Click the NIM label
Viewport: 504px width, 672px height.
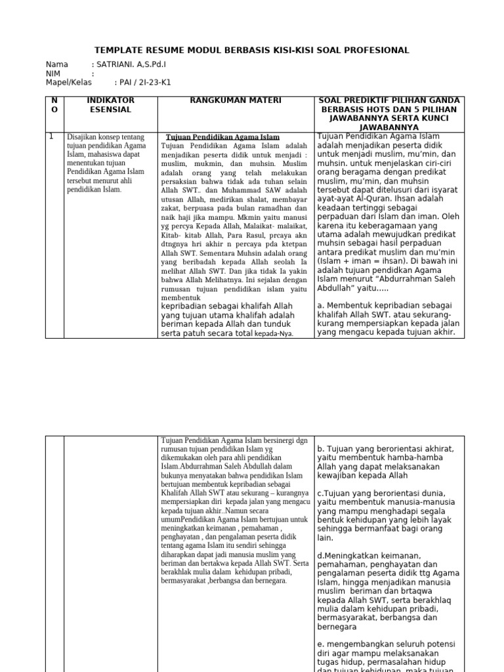pyautogui.click(x=53, y=73)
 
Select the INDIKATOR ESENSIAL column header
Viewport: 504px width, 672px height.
pyautogui.click(x=110, y=105)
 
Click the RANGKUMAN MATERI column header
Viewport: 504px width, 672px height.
pyautogui.click(x=236, y=100)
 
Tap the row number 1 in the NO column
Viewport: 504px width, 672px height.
pyautogui.click(x=51, y=136)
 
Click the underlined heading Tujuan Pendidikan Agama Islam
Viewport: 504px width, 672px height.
pyautogui.click(x=223, y=136)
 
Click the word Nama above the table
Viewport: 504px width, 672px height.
pyautogui.click(x=57, y=64)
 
